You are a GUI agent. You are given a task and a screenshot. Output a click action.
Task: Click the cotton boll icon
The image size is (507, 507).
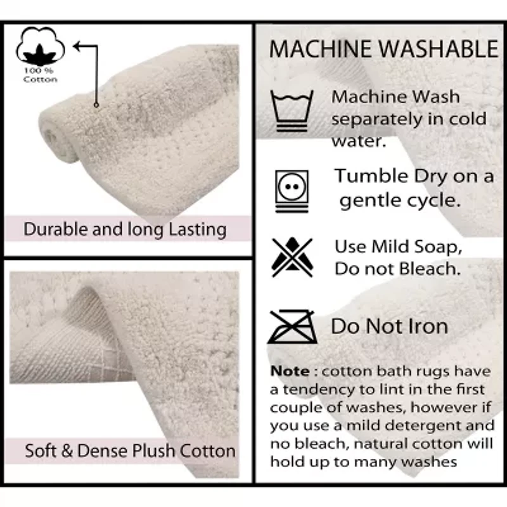pyautogui.click(x=40, y=46)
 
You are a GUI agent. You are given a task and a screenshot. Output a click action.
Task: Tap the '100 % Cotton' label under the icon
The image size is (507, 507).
pyautogui.click(x=40, y=75)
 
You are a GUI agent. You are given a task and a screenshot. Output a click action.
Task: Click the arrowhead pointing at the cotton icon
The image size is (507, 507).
pyautogui.click(x=77, y=46)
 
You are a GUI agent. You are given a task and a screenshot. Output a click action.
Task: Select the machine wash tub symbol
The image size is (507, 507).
pyautogui.click(x=292, y=111)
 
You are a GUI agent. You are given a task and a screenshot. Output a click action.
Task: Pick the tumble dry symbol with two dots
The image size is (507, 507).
pyautogui.click(x=292, y=191)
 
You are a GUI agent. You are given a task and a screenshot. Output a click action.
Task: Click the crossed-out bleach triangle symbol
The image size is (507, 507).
pyautogui.click(x=292, y=257)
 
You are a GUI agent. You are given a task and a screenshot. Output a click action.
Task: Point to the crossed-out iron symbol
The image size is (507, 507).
pyautogui.click(x=292, y=326)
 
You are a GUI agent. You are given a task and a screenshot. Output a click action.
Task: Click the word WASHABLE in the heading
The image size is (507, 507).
pyautogui.click(x=438, y=49)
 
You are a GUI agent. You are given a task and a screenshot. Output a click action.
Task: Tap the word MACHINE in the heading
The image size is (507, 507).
pyautogui.click(x=321, y=49)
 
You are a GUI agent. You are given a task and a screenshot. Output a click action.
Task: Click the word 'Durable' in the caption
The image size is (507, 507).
pyautogui.click(x=56, y=229)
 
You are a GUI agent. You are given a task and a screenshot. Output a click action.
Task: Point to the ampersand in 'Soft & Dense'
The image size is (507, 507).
pyautogui.click(x=67, y=451)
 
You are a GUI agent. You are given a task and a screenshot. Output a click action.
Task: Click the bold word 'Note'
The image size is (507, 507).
pyautogui.click(x=290, y=371)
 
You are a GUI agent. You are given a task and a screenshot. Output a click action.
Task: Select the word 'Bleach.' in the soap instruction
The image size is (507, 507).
pyautogui.click(x=430, y=268)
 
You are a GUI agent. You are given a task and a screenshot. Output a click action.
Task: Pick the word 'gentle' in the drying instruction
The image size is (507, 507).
pyautogui.click(x=370, y=201)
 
